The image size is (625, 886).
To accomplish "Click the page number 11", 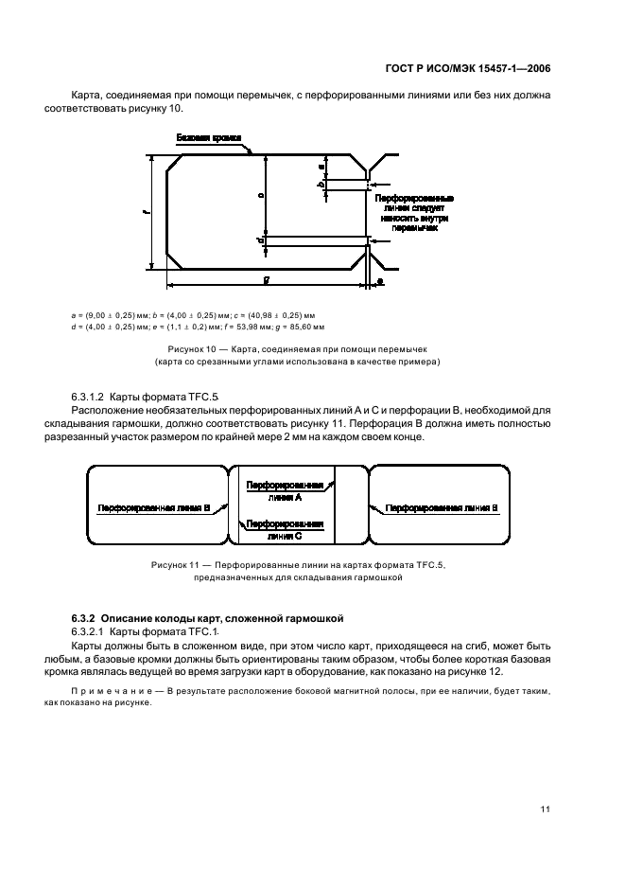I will point(546,809).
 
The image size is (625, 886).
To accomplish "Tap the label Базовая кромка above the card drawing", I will point(209,138).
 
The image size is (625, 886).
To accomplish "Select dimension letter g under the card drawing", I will point(268,280).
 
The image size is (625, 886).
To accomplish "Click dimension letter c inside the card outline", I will point(261,196).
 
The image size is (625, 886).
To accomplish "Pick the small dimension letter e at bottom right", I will point(379,282).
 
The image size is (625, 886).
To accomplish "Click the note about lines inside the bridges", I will point(413,214).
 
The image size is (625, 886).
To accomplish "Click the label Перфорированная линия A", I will point(285,490).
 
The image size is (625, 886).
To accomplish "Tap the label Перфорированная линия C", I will point(285,528).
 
